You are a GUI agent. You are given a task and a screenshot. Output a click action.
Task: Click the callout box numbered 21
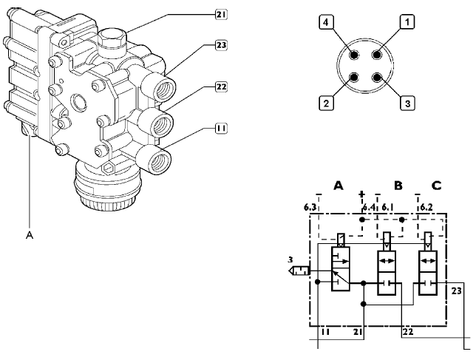(x=222, y=14)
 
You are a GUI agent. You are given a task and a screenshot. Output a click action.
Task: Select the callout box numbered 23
(x=220, y=45)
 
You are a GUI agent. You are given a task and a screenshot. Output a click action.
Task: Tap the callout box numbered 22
(x=220, y=87)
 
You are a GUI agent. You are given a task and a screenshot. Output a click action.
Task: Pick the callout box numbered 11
(x=220, y=129)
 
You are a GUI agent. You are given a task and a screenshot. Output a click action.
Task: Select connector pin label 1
(x=406, y=22)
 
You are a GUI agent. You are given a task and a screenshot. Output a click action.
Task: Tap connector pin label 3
(x=406, y=103)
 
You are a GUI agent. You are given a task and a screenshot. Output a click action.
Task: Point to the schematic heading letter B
(x=398, y=186)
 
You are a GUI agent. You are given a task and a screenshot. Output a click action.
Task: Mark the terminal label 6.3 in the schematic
(x=311, y=208)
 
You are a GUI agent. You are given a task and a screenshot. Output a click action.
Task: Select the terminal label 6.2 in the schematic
(x=426, y=208)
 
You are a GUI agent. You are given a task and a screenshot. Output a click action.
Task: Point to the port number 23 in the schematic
(x=456, y=290)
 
